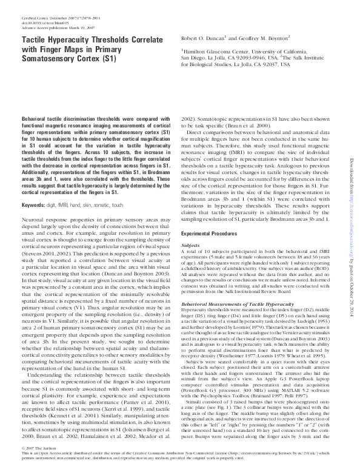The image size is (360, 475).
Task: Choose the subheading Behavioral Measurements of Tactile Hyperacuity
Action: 233,284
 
